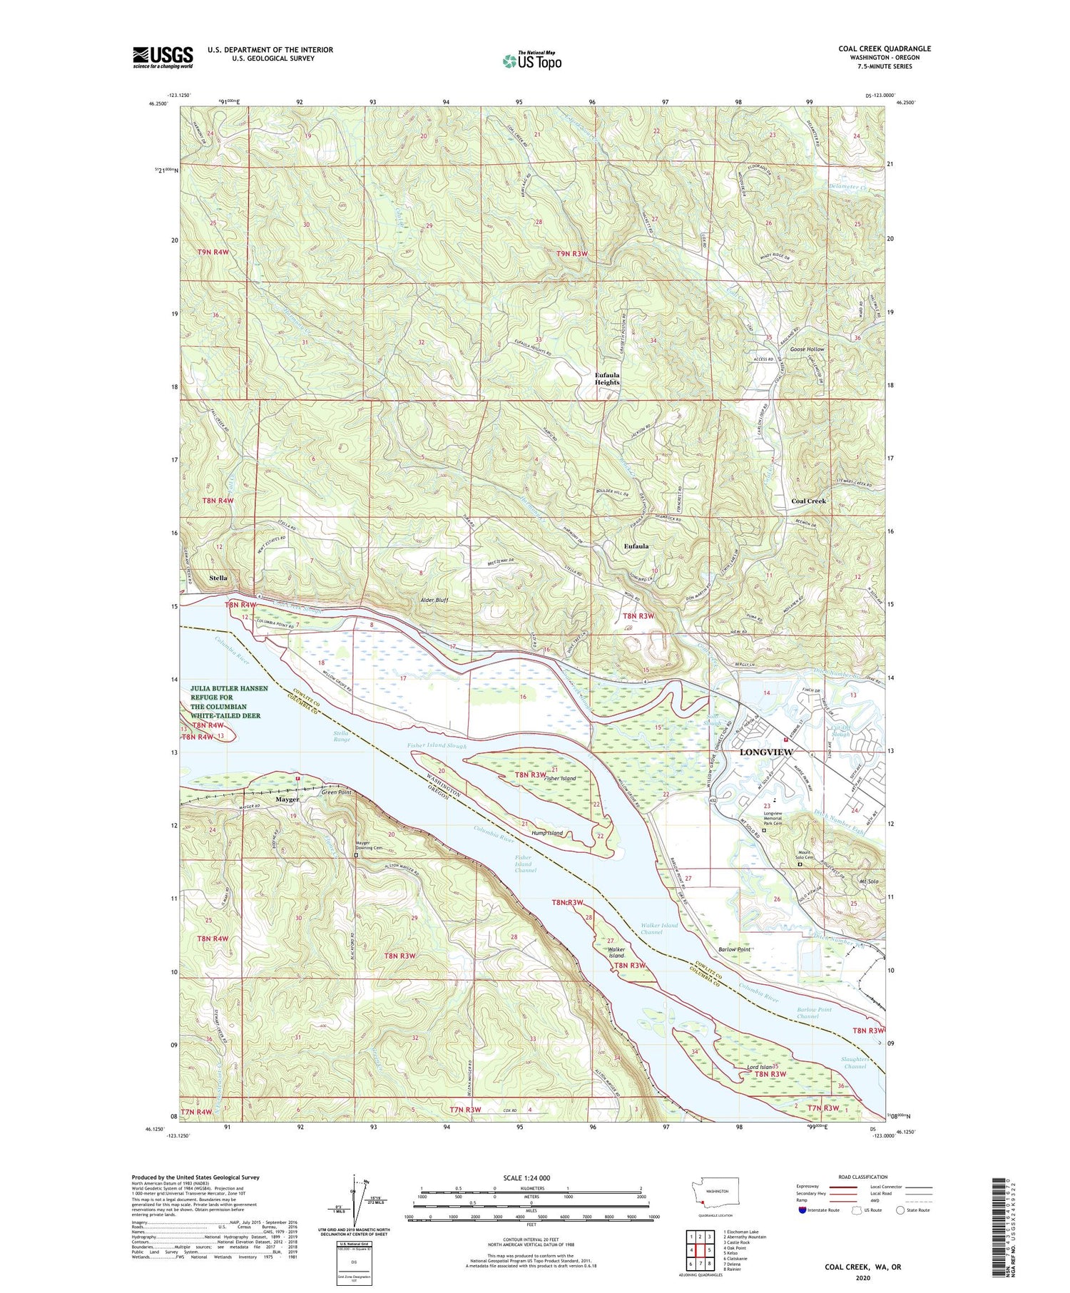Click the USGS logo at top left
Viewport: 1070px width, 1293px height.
click(x=163, y=57)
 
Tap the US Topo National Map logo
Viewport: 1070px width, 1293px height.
click(x=532, y=61)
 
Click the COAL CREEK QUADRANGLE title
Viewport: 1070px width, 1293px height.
click(x=885, y=49)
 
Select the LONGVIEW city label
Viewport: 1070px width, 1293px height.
click(x=766, y=752)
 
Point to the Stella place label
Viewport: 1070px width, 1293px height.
click(x=218, y=578)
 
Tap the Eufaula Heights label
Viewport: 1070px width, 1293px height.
click(x=607, y=378)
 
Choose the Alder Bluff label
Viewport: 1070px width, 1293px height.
click(x=434, y=600)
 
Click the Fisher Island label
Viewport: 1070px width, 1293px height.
click(x=560, y=779)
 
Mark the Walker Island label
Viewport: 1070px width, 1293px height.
click(x=616, y=953)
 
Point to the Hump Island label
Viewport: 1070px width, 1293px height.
click(x=546, y=833)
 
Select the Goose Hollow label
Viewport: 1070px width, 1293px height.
click(x=807, y=349)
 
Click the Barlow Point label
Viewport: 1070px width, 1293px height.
click(x=734, y=949)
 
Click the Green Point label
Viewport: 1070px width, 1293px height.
click(x=336, y=792)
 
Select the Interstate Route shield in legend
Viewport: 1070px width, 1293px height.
click(x=802, y=1210)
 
